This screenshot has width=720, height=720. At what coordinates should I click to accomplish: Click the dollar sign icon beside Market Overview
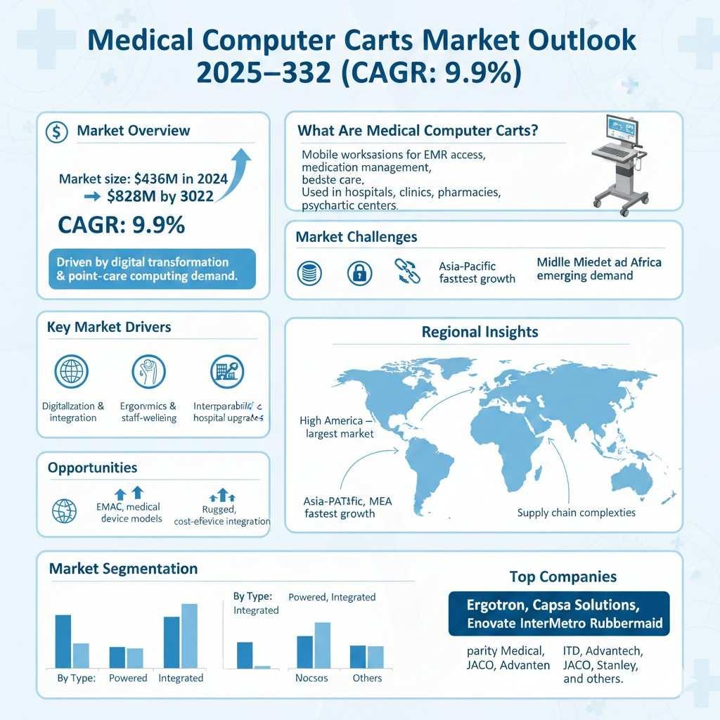pyautogui.click(x=56, y=131)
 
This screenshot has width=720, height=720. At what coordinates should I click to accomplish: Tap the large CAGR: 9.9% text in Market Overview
pyautogui.click(x=122, y=225)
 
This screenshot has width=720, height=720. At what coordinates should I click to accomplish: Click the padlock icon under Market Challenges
pyautogui.click(x=359, y=273)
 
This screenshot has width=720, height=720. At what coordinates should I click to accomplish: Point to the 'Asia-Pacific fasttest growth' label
pyautogui.click(x=477, y=273)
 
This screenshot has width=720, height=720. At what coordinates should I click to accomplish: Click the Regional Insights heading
pyautogui.click(x=480, y=332)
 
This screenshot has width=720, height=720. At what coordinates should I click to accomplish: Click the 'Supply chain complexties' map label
pyautogui.click(x=576, y=513)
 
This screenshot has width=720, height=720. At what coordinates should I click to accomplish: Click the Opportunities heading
pyautogui.click(x=92, y=468)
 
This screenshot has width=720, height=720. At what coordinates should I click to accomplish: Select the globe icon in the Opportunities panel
pyautogui.click(x=65, y=511)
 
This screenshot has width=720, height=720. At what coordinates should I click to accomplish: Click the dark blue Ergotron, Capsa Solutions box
pyautogui.click(x=558, y=613)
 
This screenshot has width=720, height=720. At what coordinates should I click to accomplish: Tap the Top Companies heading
pyautogui.click(x=562, y=577)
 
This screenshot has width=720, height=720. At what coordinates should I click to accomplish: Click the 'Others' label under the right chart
pyautogui.click(x=367, y=679)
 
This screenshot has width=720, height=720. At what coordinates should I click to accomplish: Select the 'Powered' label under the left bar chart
pyautogui.click(x=128, y=679)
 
